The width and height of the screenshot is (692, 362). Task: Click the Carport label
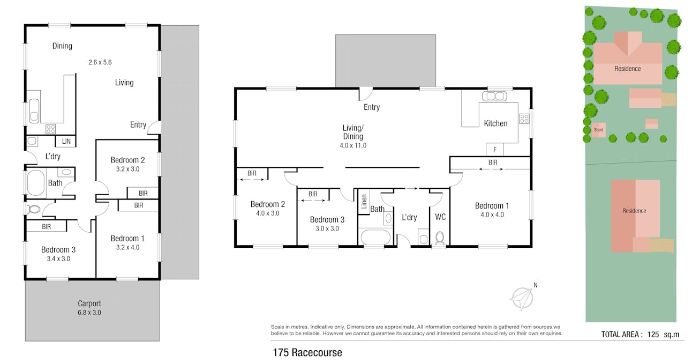click(x=89, y=303)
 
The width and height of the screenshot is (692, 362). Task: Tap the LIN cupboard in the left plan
click(x=65, y=142)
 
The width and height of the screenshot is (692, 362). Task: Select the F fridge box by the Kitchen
click(x=494, y=150)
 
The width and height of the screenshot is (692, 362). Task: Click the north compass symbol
click(x=523, y=297)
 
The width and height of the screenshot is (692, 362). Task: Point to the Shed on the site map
click(x=598, y=130)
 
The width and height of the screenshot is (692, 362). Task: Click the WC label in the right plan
click(x=440, y=217)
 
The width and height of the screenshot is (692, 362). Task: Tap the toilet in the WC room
click(x=440, y=238)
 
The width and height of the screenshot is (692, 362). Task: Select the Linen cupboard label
click(x=364, y=202)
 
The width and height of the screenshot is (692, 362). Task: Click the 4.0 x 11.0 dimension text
click(x=353, y=145)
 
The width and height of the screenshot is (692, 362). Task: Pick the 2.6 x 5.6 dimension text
click(x=100, y=62)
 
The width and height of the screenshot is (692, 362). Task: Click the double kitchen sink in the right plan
click(x=494, y=96)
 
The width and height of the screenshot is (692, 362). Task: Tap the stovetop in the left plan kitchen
click(x=51, y=129)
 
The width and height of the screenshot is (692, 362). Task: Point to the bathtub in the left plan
click(x=36, y=182)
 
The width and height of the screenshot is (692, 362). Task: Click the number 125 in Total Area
click(x=653, y=335)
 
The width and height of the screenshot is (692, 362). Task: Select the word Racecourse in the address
click(x=317, y=353)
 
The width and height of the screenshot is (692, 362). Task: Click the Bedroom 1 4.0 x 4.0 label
click(x=492, y=210)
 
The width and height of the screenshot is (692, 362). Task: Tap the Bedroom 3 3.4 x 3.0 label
click(x=58, y=254)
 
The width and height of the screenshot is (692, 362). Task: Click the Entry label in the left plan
click(x=138, y=124)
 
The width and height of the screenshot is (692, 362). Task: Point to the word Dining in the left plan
click(x=62, y=46)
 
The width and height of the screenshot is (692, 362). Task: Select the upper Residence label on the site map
click(x=627, y=69)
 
